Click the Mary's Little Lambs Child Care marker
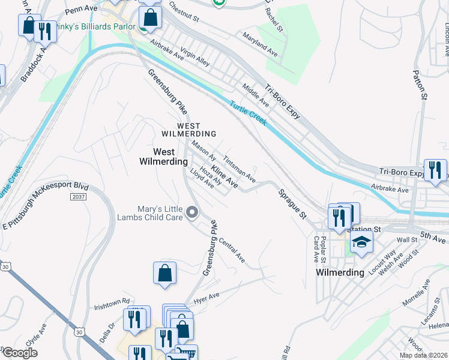[x=192, y=212]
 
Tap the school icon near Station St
[x=361, y=242]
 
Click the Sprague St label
[x=292, y=204]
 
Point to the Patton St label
[x=420, y=85]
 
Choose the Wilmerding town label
[x=340, y=272]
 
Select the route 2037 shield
[x=78, y=196]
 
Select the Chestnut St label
[x=184, y=15]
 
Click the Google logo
[x=19, y=353]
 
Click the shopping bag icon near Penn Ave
[x=150, y=18]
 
